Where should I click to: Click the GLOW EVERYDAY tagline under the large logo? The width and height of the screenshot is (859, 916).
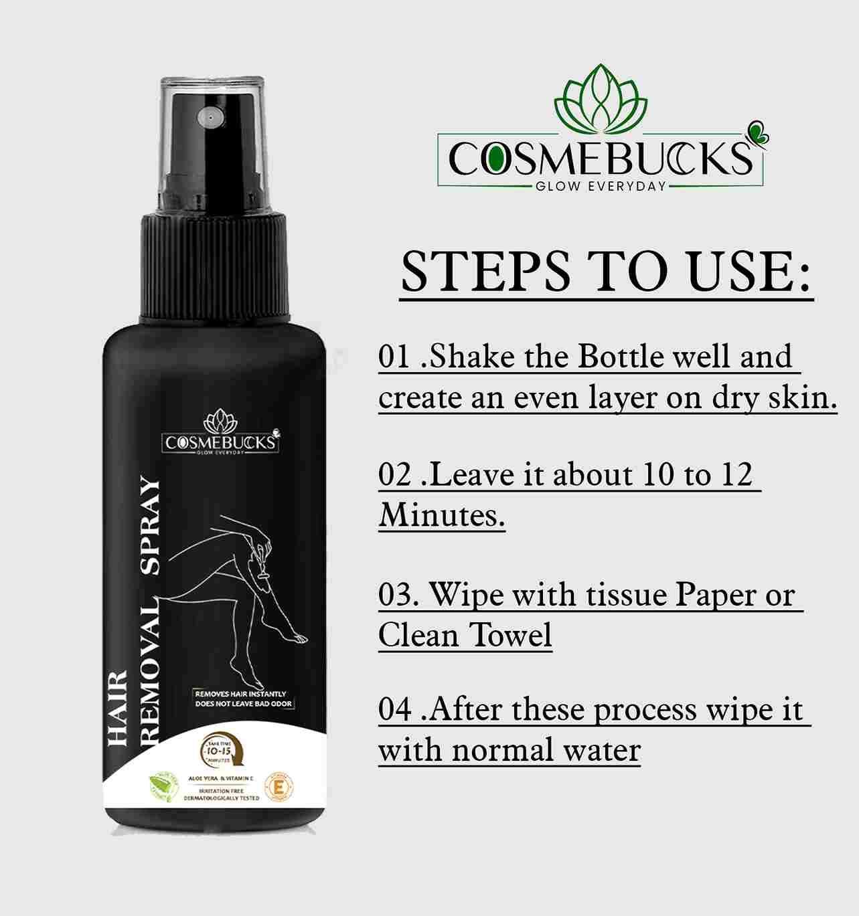600,186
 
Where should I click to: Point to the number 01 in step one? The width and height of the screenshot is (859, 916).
394,357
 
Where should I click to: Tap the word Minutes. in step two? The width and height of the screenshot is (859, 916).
441,515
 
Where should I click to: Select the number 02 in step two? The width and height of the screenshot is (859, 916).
394,475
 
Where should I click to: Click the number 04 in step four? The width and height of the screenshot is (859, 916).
394,710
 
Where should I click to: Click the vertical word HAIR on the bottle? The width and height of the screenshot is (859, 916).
118,707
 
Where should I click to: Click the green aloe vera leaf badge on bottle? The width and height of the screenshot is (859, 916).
163,787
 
